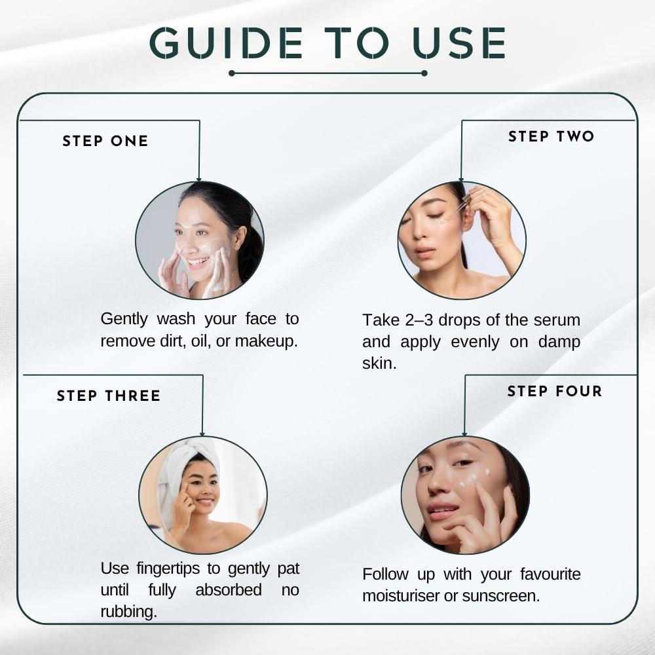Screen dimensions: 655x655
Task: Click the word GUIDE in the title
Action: coord(226,43)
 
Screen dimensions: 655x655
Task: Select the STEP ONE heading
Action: coord(105,141)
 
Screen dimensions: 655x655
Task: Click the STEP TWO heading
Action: coord(551,137)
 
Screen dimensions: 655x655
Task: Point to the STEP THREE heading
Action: coord(109,396)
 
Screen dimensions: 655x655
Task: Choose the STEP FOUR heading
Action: coord(555,391)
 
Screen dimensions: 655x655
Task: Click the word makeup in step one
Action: coord(266,341)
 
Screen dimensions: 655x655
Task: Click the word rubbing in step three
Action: coord(128,612)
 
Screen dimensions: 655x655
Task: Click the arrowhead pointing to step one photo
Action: coord(199,179)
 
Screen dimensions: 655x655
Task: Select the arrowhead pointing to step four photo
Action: coord(464,434)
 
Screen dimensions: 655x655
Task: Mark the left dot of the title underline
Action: coord(232,73)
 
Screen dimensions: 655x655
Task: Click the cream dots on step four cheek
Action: coord(474,479)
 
